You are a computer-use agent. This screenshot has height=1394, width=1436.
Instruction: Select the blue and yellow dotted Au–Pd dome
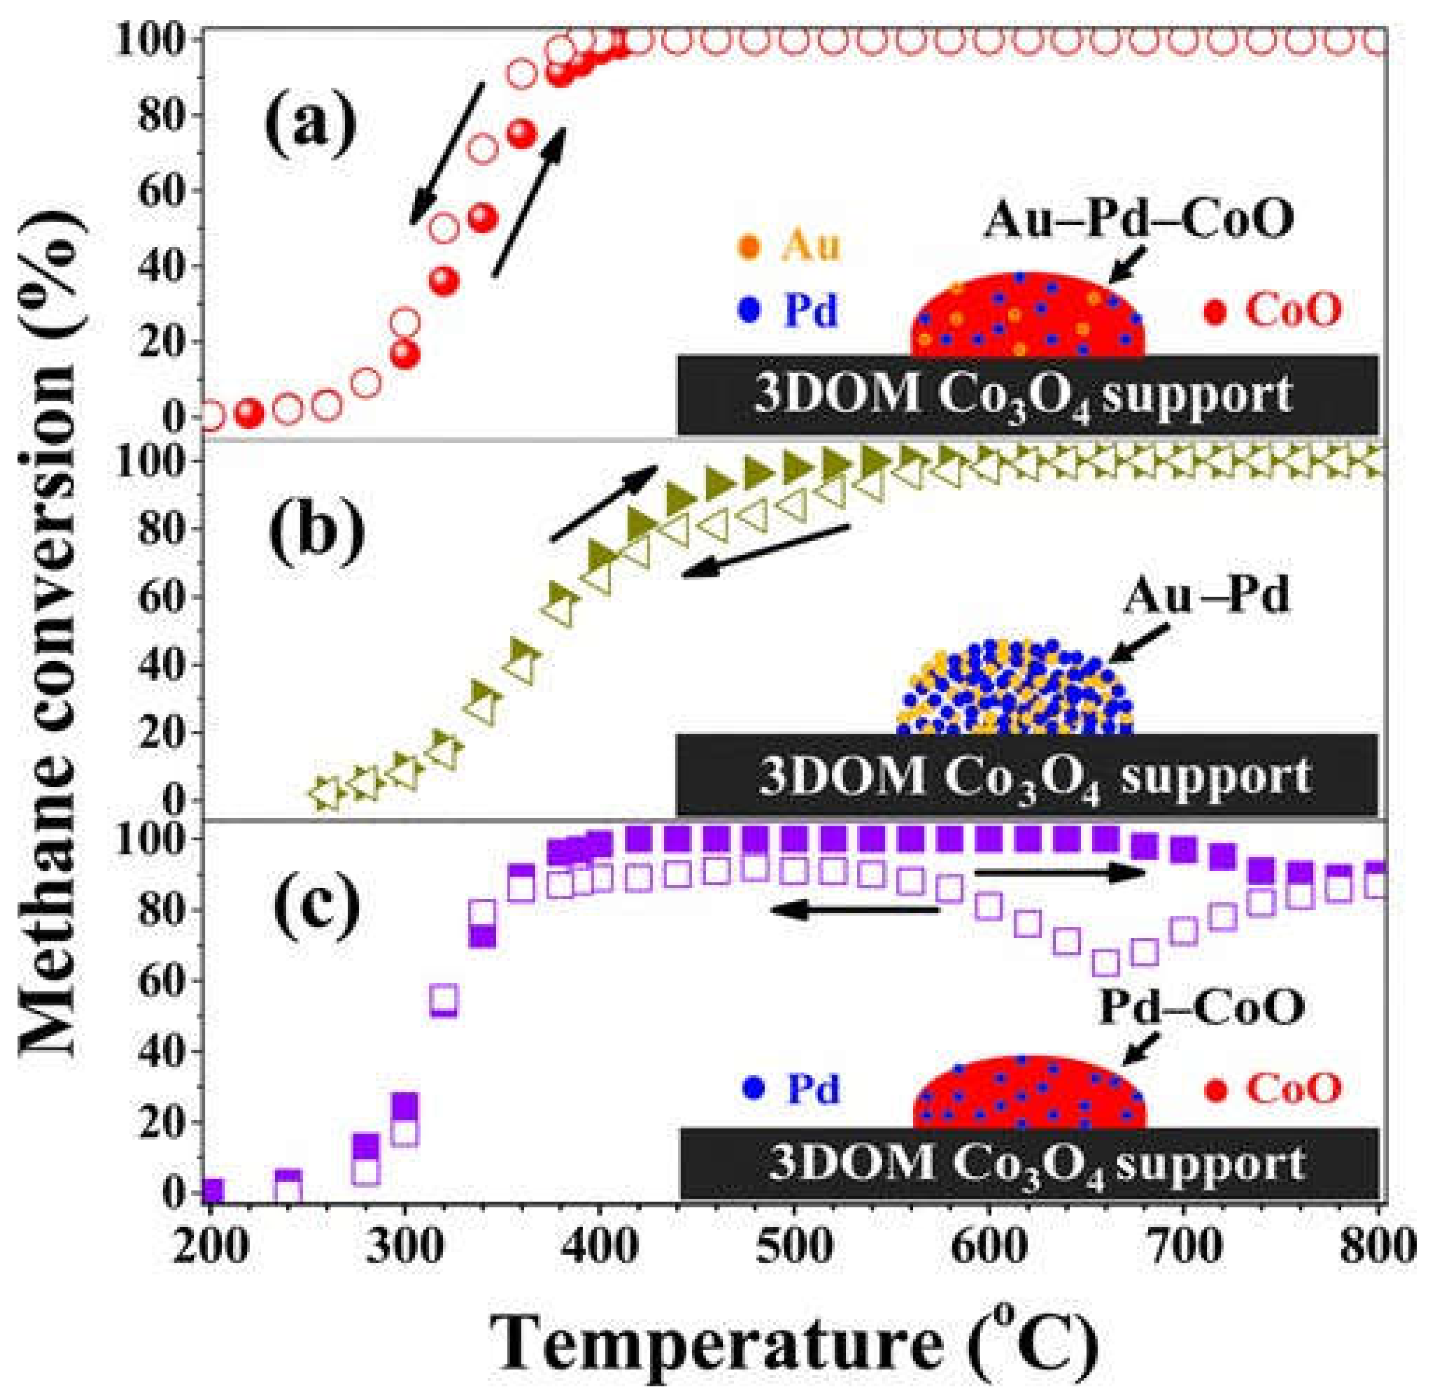[x=1015, y=689]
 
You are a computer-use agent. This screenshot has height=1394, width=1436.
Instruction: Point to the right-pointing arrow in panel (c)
[x=1058, y=872]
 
